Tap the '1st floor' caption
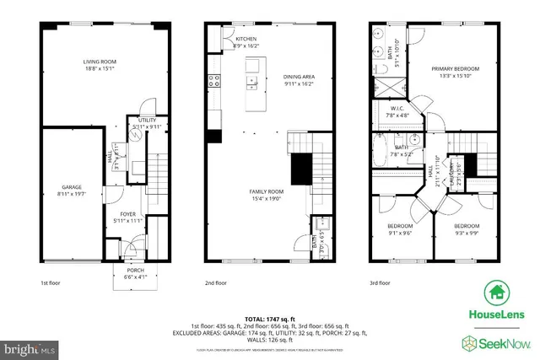pyautogui.click(x=51, y=284)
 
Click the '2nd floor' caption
pyautogui.click(x=216, y=284)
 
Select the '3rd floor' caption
pyautogui.click(x=381, y=284)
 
